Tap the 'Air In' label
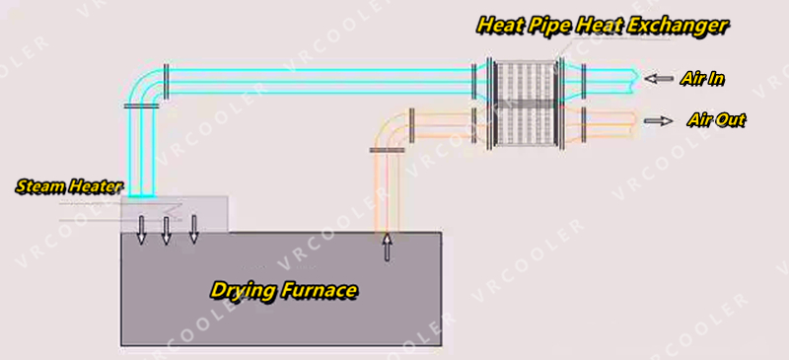[703, 78]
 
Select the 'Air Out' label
[715, 120]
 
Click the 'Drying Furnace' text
[283, 290]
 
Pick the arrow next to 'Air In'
[658, 78]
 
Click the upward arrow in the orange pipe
[387, 247]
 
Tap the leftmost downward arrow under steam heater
[141, 228]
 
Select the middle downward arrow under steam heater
[166, 228]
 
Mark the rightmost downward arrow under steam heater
[193, 228]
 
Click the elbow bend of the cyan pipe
[150, 84]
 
